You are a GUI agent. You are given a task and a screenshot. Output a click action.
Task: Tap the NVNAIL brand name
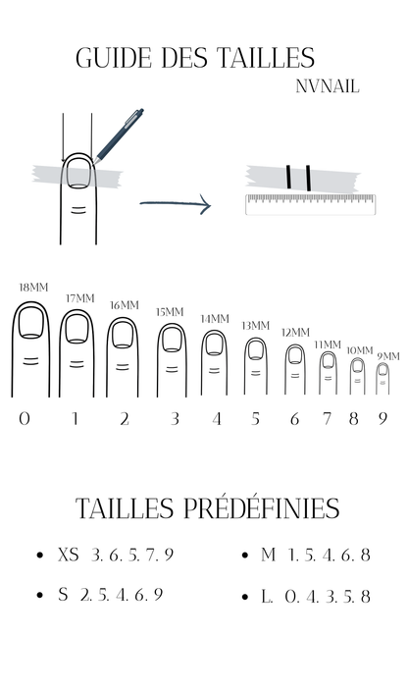tap(328, 86)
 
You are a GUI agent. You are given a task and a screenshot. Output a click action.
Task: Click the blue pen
tap(119, 135)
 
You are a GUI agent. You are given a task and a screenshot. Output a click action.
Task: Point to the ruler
tap(310, 204)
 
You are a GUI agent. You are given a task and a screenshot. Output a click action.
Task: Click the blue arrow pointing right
tap(176, 204)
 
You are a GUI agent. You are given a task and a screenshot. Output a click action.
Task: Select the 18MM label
tap(33, 288)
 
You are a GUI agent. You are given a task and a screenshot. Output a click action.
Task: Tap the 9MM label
tap(388, 356)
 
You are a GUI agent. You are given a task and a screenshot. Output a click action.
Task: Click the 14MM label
tap(215, 319)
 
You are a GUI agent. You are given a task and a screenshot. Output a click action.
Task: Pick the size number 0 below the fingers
tap(25, 418)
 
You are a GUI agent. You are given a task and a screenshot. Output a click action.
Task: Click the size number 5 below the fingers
tap(255, 418)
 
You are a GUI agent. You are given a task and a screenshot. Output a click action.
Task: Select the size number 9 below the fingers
tap(382, 418)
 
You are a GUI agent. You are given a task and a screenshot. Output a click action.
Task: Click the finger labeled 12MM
tap(295, 369)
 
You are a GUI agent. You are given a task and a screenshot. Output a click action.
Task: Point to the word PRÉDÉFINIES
tap(261, 508)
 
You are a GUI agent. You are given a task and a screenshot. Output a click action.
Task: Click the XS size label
tap(68, 555)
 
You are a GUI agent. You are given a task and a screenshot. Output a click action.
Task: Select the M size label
tap(268, 555)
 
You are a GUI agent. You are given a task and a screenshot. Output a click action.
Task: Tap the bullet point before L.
tap(245, 597)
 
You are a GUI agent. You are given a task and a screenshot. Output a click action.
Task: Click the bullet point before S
tap(40, 595)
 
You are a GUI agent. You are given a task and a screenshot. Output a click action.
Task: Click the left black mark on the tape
tap(288, 177)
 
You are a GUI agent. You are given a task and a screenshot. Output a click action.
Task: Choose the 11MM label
tap(328, 344)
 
